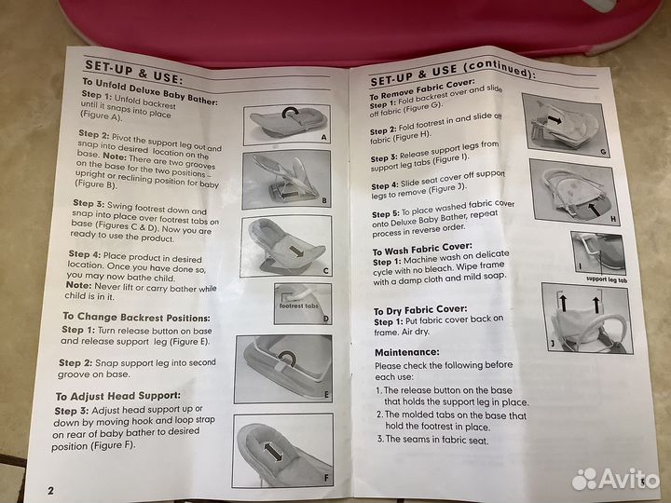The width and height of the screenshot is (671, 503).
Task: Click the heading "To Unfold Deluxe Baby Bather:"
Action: point(150,91)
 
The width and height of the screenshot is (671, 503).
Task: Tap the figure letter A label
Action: point(323,137)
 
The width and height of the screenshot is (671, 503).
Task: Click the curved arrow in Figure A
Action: point(290,112)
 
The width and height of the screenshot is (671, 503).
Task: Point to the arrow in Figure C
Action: point(296,251)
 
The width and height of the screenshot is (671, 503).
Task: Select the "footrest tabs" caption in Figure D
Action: point(299,306)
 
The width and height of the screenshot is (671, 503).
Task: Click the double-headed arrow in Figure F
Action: point(273,452)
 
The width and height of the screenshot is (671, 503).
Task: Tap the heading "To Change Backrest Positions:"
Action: point(136,318)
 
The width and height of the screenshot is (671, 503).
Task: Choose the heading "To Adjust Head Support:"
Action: point(118,396)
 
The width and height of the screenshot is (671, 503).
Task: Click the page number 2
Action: point(50,490)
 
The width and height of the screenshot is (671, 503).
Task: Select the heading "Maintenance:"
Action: point(407,352)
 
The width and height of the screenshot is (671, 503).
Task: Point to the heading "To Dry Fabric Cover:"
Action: point(420,310)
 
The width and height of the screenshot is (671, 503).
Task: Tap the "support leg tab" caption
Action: point(607,279)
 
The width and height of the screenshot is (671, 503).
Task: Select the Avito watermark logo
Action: point(615,479)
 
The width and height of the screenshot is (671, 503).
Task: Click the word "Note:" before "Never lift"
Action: point(78,285)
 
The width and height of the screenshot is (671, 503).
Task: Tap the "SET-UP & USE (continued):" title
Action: point(453,74)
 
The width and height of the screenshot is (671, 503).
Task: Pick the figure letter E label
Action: point(326,395)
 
